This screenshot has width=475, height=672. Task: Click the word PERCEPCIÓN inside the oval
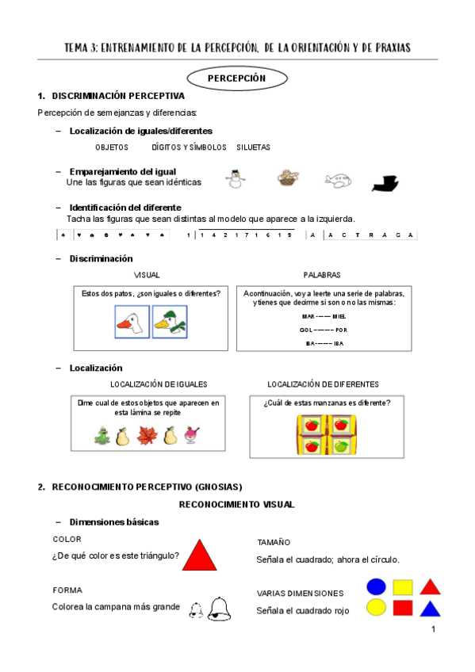[236, 78]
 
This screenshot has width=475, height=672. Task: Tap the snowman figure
[235, 180]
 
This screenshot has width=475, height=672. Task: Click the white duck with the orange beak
[132, 323]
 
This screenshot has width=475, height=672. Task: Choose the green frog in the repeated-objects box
[102, 436]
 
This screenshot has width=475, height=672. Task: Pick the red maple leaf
[147, 436]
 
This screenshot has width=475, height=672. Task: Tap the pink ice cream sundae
[191, 436]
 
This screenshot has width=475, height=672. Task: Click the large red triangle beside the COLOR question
[200, 556]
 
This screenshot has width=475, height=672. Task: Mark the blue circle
[376, 586]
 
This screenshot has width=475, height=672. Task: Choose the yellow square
[403, 587]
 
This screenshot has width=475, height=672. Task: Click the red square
[403, 608]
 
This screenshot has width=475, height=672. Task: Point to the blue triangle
[430, 609]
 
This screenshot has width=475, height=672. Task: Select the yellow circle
[376, 608]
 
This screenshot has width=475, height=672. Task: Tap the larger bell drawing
[218, 607]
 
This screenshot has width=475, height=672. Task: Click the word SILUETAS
[253, 147]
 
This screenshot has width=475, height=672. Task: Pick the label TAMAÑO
[273, 542]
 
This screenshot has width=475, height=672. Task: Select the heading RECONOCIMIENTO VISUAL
[236, 504]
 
